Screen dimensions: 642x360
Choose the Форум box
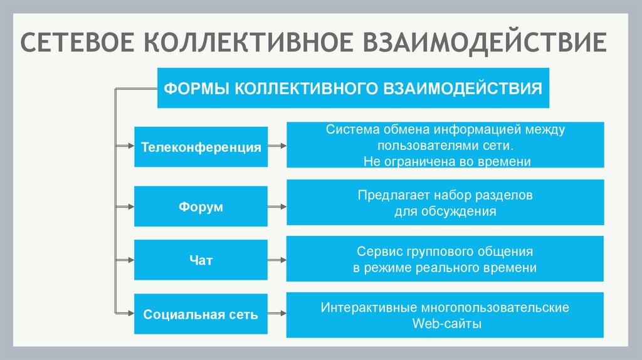point(201,206)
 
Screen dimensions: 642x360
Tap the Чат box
point(201,260)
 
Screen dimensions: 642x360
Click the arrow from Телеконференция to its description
point(278,147)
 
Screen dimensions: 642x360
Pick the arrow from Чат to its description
point(278,259)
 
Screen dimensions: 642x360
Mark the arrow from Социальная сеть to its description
point(278,314)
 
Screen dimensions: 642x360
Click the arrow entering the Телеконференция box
point(124,147)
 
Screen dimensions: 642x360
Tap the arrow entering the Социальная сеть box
point(124,314)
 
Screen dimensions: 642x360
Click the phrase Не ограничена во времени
point(446,161)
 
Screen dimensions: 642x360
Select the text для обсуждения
point(445,211)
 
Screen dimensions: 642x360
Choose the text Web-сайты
point(445,324)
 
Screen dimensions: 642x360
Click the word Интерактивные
point(360,308)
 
